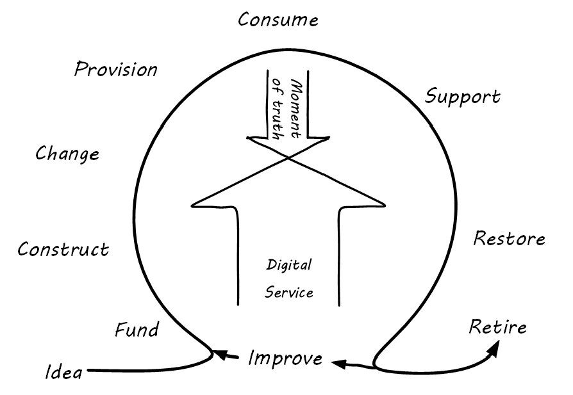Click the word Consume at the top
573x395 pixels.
pyautogui.click(x=278, y=20)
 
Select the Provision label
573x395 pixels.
pyautogui.click(x=115, y=69)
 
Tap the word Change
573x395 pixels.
pyautogui.click(x=67, y=154)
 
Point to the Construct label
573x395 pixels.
pyautogui.click(x=63, y=249)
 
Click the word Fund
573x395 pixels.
pyautogui.click(x=137, y=330)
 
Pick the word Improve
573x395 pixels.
pyautogui.click(x=285, y=359)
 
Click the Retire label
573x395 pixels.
pyautogui.click(x=497, y=327)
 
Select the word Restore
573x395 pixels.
pyautogui.click(x=509, y=239)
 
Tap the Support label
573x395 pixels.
pyautogui.click(x=463, y=97)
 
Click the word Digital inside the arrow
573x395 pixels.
pyautogui.click(x=288, y=264)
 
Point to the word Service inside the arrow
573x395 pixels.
pyautogui.click(x=289, y=293)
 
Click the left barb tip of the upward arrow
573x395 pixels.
pyautogui.click(x=192, y=206)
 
